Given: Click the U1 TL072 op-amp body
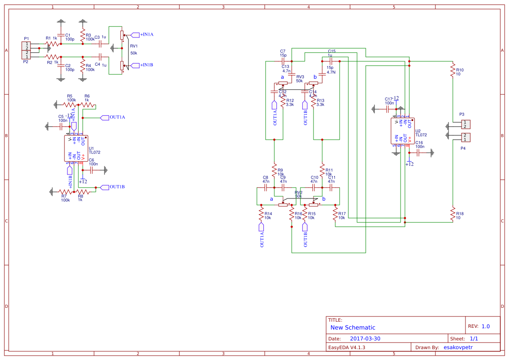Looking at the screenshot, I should [76, 148].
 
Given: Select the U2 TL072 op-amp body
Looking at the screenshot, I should [402, 131].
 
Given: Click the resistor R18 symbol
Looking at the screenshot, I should [453, 214].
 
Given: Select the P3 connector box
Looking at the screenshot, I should [466, 124].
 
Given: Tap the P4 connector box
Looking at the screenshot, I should [466, 138].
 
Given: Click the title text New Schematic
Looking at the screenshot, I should [353, 327].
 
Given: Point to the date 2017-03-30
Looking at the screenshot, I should [365, 339].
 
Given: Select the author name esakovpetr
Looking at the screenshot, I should [458, 347].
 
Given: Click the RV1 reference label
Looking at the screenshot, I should [134, 46].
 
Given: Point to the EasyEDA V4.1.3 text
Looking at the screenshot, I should [347, 347].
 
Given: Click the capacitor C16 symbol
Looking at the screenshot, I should [418, 152].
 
